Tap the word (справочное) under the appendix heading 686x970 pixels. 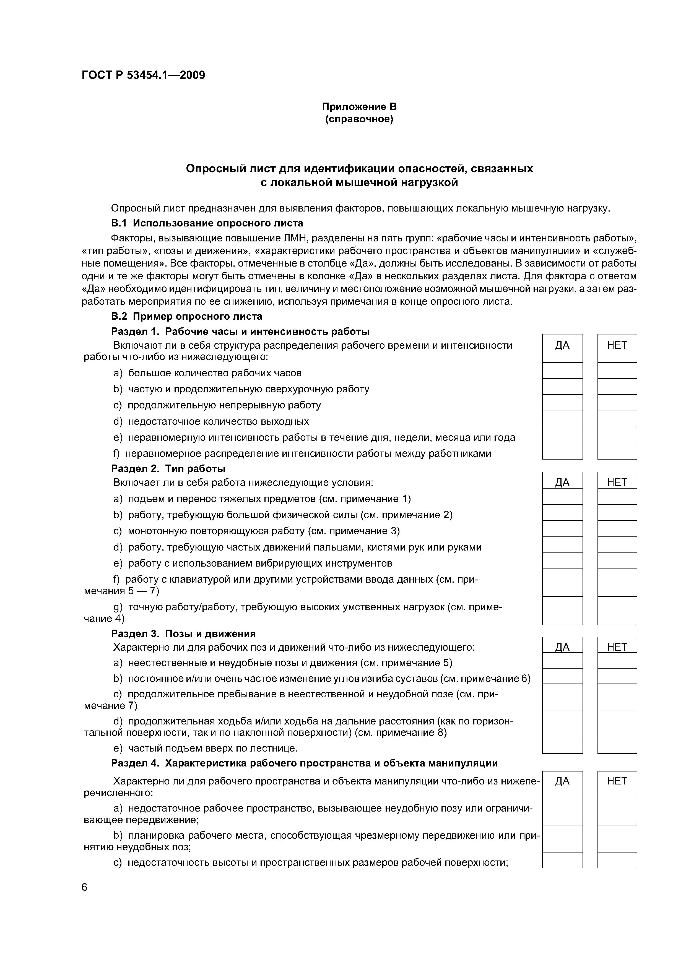pos(359,119)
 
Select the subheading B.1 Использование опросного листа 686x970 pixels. pos(207,223)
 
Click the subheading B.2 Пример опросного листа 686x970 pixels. pos(186,316)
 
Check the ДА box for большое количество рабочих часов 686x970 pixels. pos(562,371)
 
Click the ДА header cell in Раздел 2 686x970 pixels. pos(562,482)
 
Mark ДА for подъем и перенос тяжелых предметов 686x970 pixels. pos(562,496)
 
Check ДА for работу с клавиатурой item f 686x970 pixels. pos(562,583)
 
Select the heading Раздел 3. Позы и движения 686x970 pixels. pos(183,634)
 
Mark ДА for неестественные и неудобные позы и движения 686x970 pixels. pos(562,661)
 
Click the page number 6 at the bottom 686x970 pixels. pos(85,888)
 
